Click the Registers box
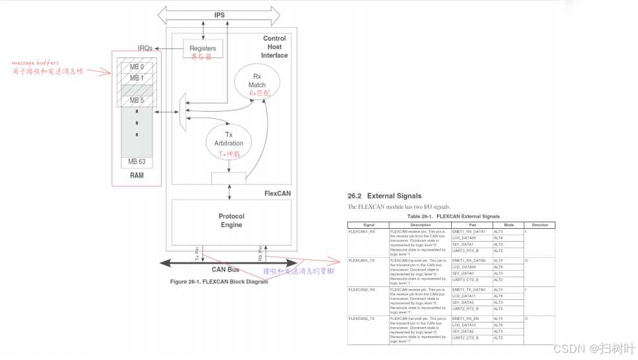[x=202, y=48]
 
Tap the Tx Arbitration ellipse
[x=229, y=139]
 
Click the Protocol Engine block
[x=231, y=220]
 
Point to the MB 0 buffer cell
[x=136, y=67]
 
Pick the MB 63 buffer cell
[x=136, y=162]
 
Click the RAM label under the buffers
[x=136, y=175]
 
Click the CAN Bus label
[x=225, y=270]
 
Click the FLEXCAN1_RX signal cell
[x=363, y=231]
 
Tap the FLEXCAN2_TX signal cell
[x=363, y=319]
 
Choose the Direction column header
[x=539, y=225]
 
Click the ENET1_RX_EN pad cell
[x=466, y=319]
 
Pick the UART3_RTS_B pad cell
[x=465, y=251]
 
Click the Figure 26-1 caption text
[x=218, y=282]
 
